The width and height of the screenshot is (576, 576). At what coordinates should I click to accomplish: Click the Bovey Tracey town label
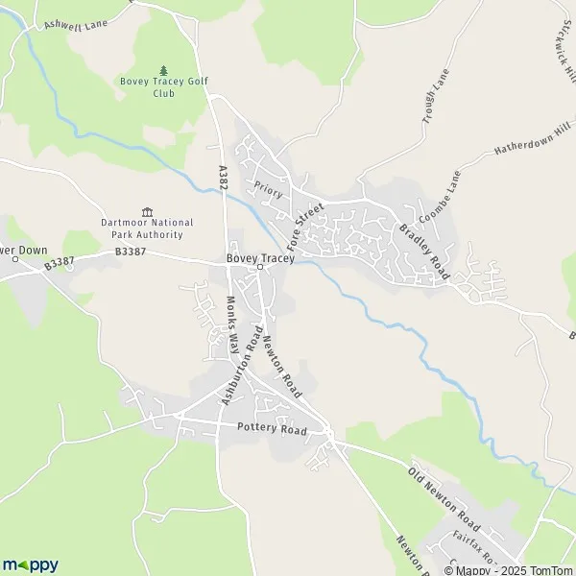pos(259,258)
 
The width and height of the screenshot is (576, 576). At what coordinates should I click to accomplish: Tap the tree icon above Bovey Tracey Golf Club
pos(163,70)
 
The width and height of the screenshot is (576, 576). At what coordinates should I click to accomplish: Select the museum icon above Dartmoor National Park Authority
pos(147,212)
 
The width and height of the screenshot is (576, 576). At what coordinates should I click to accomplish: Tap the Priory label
pos(270,187)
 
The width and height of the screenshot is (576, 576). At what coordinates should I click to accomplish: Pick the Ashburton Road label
pos(241,365)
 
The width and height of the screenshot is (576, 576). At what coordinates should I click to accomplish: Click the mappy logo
pos(30,564)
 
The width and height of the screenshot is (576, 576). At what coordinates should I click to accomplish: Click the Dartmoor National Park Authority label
pos(147,228)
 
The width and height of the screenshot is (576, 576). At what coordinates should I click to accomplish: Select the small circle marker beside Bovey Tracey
pos(260,268)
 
